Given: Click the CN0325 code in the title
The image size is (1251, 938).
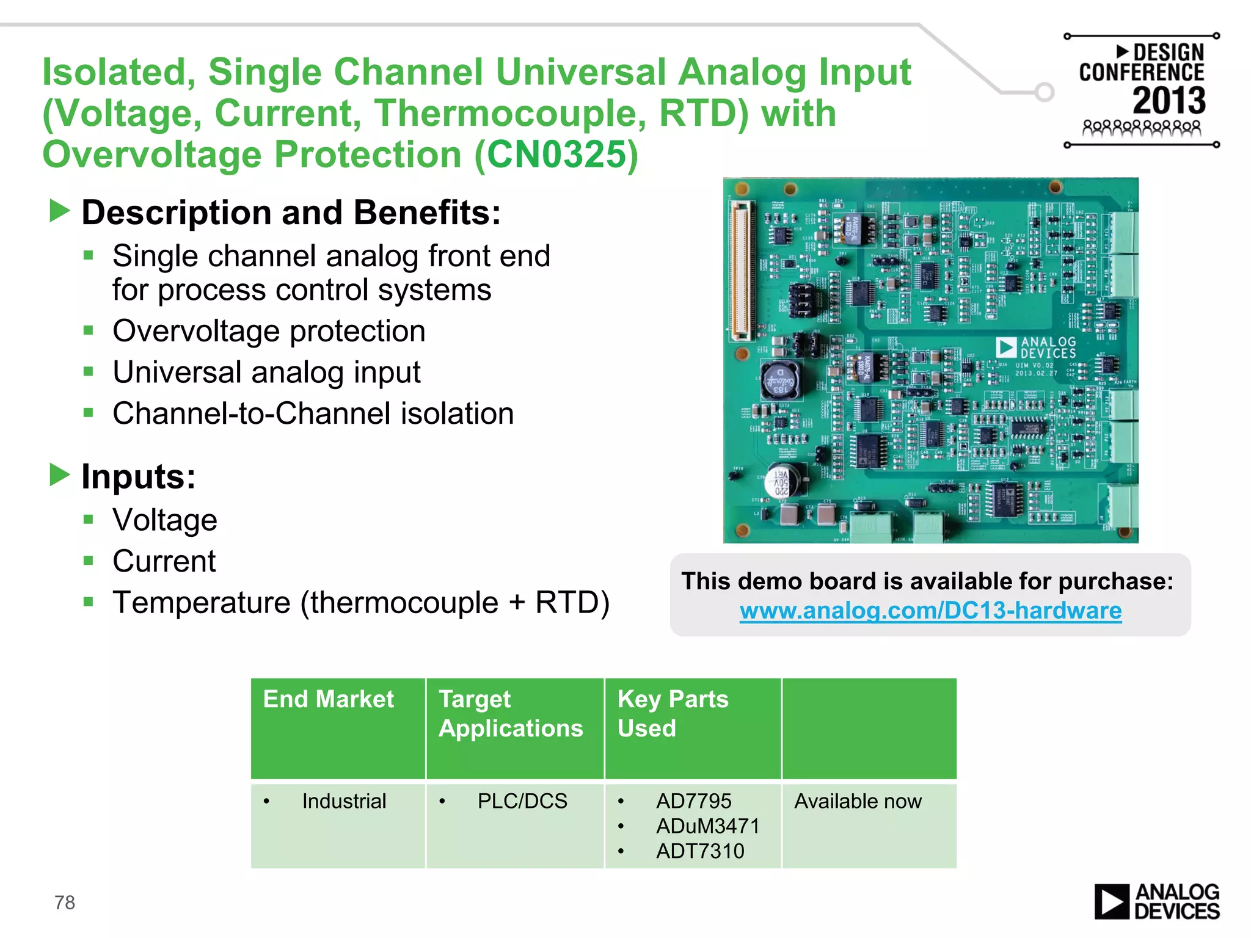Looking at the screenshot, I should click(556, 155).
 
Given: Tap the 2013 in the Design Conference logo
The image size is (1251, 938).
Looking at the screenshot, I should click(1169, 101).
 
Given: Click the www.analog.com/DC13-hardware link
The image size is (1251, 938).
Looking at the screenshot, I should click(930, 611).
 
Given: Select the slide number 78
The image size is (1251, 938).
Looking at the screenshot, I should click(65, 902).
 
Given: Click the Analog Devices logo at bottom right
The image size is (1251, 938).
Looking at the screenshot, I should click(1156, 901).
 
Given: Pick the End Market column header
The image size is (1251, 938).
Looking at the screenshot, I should click(329, 699).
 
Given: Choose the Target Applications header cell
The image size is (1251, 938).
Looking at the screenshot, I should click(511, 713).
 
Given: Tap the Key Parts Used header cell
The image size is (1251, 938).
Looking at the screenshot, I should click(673, 713).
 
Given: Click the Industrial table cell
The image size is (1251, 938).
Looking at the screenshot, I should click(344, 801).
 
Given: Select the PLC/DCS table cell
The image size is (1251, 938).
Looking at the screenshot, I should click(522, 801).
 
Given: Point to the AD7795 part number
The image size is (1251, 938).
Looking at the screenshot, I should click(693, 801).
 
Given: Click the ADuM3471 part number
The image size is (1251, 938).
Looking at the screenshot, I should click(707, 826).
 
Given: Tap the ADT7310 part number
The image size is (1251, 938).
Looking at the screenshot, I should click(700, 851).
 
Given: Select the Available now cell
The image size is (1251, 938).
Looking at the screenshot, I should click(858, 801).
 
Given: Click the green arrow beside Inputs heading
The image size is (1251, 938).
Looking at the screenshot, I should click(60, 475).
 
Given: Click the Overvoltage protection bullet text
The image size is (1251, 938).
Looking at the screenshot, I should click(269, 331).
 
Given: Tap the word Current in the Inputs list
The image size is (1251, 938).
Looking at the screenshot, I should click(164, 561).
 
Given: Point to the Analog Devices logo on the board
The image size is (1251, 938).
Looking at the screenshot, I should click(1037, 347).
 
